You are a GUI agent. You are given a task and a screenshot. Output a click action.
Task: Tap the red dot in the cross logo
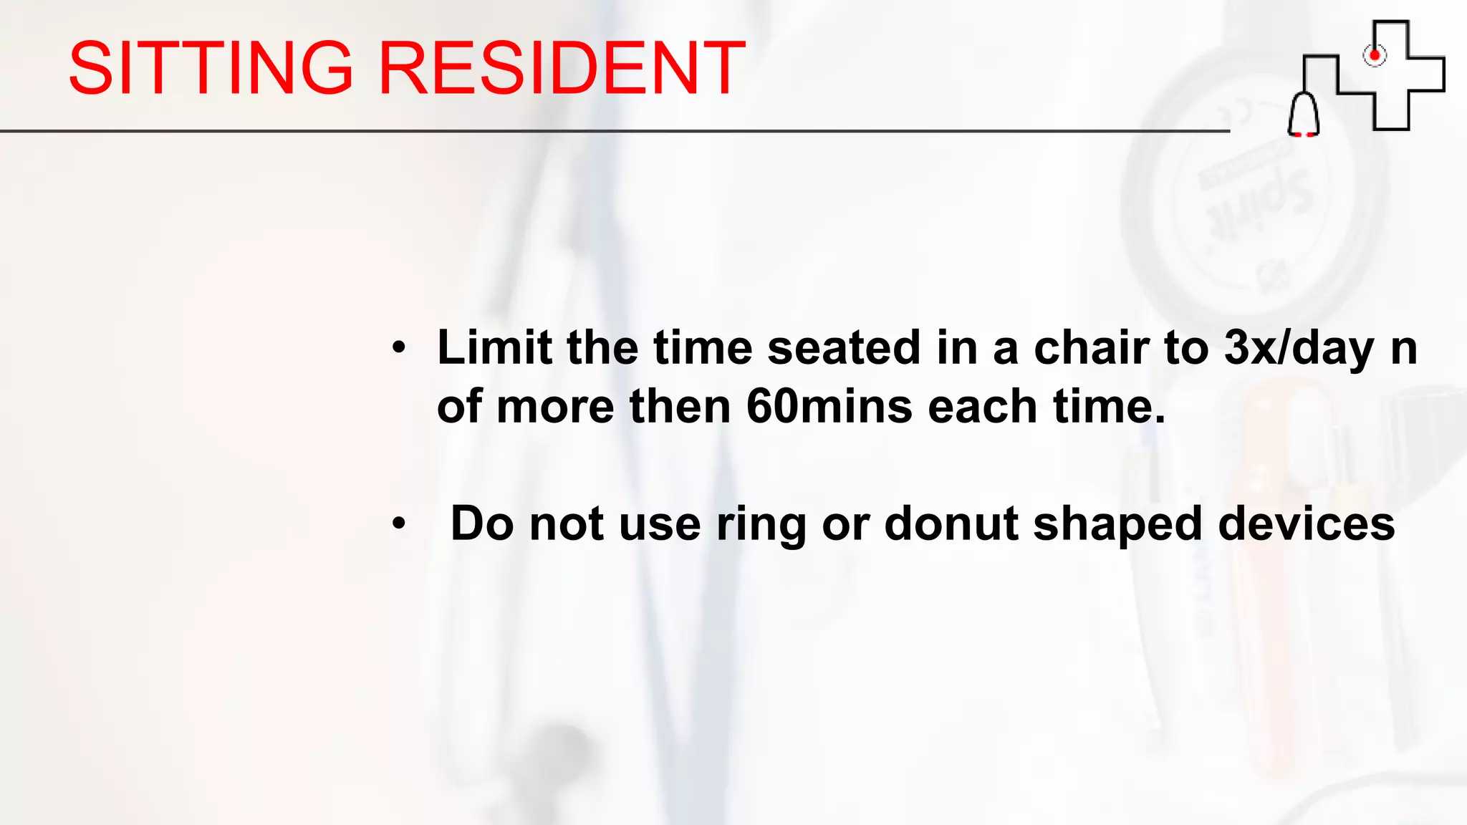click(x=1375, y=55)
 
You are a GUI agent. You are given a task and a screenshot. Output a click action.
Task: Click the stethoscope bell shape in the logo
click(x=1304, y=115)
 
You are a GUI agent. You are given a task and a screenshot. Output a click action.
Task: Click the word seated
click(x=844, y=348)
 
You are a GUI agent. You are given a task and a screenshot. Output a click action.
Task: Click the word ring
click(x=761, y=525)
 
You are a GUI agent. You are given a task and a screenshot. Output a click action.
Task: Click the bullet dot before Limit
click(x=399, y=349)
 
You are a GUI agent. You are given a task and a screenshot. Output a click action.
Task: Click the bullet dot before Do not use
click(x=399, y=524)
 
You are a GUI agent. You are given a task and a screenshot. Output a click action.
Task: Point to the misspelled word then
click(x=680, y=407)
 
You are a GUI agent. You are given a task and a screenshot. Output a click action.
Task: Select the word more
click(x=555, y=407)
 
